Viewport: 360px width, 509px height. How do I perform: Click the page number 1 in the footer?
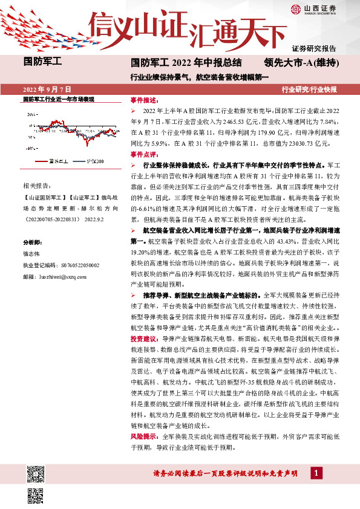315,473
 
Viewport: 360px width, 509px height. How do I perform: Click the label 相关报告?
36,185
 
